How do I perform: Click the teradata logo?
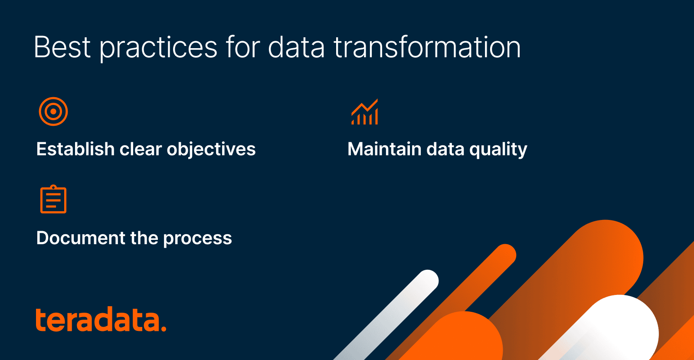[101, 319]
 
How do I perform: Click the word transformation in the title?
[427, 47]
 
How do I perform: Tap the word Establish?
[75, 149]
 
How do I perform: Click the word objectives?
[211, 150]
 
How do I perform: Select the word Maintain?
[384, 149]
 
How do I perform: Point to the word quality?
[498, 150]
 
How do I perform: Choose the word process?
[197, 239]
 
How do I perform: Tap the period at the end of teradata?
[164, 328]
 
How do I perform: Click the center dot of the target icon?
[53, 111]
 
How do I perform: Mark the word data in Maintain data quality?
[445, 149]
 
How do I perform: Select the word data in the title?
[296, 47]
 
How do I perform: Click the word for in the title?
[242, 47]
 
